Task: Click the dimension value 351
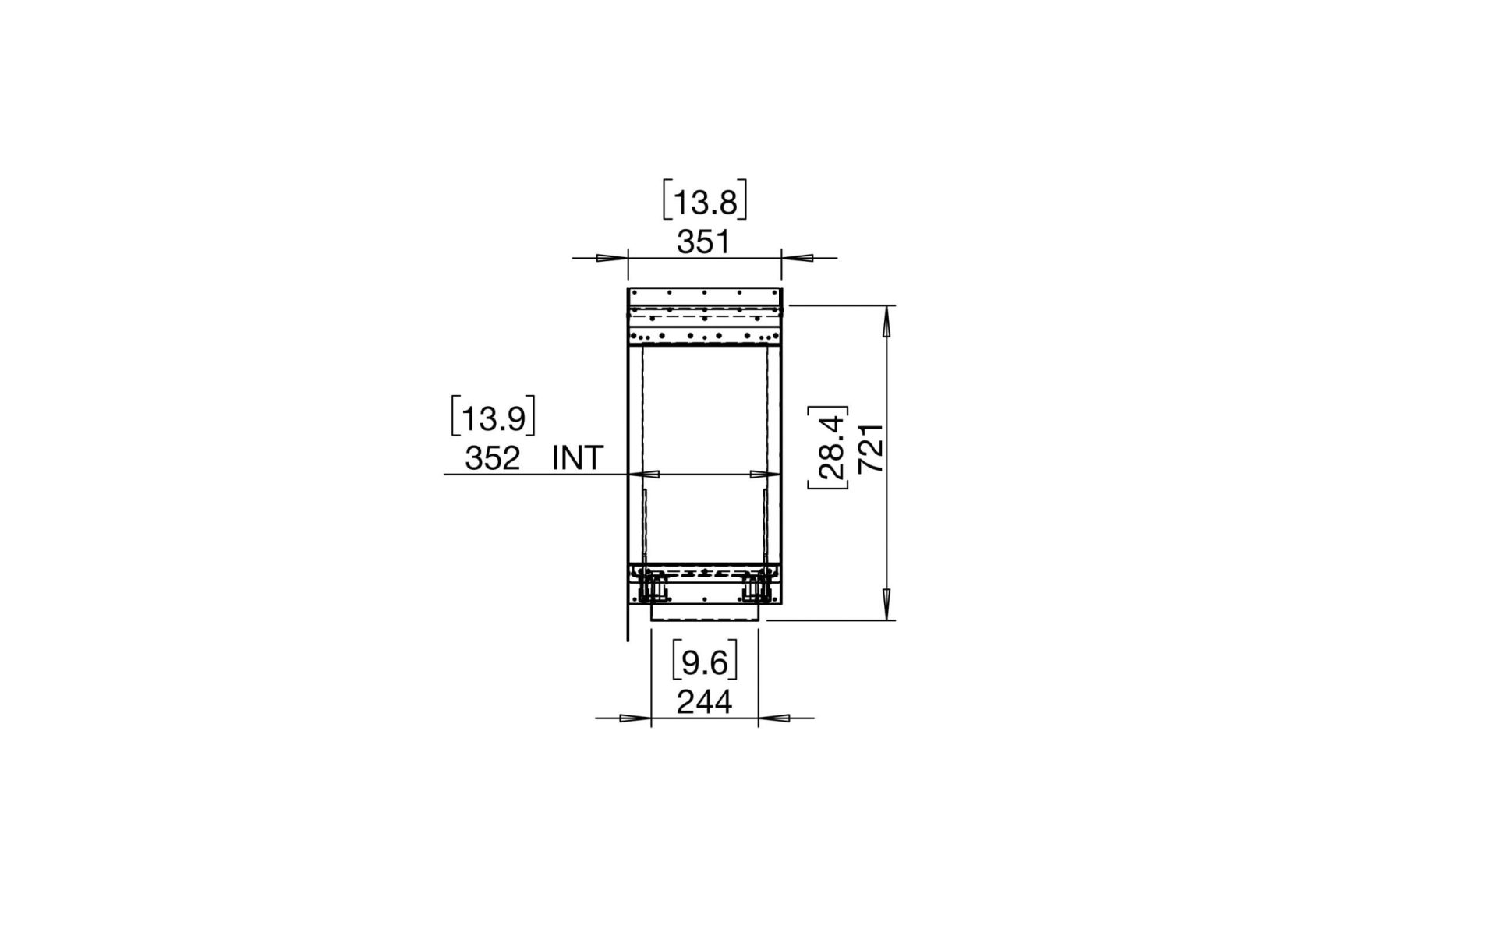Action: point(703,242)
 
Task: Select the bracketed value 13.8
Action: point(705,203)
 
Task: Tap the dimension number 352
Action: point(492,458)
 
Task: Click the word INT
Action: point(578,458)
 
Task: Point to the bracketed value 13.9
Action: point(493,418)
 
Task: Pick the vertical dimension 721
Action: point(870,448)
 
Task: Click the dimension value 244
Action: point(704,702)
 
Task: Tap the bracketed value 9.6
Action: point(704,663)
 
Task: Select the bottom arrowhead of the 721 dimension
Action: point(887,605)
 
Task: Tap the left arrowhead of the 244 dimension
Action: point(636,718)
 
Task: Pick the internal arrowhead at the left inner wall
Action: point(649,474)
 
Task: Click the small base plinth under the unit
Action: point(704,613)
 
